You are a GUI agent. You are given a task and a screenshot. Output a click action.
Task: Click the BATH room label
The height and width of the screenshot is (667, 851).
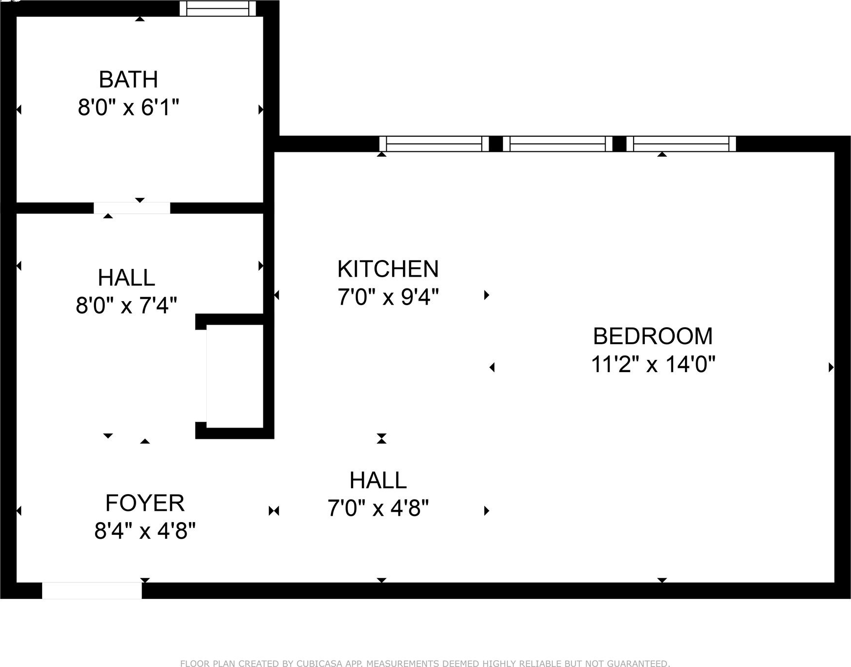click(x=128, y=79)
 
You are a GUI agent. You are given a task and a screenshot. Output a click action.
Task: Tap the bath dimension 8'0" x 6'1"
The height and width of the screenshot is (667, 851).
click(x=128, y=107)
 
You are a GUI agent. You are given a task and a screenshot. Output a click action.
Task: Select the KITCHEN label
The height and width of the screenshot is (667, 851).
click(x=388, y=269)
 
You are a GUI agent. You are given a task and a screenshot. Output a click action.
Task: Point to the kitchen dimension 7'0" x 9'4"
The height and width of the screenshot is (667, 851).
click(x=388, y=297)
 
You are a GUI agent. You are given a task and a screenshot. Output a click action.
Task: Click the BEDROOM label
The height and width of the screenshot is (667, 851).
click(x=653, y=336)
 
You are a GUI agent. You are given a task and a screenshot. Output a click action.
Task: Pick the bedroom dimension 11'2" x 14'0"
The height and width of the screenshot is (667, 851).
click(x=653, y=364)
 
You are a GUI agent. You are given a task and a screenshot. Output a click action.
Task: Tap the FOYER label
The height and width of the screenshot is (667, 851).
click(x=145, y=503)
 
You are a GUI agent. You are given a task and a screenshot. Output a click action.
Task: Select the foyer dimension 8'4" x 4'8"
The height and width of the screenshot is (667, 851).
click(x=145, y=530)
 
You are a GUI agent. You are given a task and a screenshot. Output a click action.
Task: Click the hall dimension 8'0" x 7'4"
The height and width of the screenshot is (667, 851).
click(x=126, y=306)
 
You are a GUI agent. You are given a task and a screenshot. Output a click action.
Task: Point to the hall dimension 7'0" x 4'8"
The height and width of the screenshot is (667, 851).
click(x=378, y=508)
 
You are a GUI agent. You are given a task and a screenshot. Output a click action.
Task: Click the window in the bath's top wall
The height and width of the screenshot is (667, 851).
click(x=218, y=8)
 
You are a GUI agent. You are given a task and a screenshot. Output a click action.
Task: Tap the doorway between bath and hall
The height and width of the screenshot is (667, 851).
click(x=132, y=208)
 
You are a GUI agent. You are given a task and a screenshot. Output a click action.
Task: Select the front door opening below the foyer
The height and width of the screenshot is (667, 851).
click(x=92, y=591)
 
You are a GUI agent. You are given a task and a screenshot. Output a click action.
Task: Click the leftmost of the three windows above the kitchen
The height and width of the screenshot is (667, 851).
click(x=434, y=144)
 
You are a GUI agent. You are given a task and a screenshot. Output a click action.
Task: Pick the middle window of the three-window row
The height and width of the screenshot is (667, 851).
click(x=558, y=144)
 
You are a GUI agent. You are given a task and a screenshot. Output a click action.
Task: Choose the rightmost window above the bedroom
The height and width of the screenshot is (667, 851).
click(x=681, y=144)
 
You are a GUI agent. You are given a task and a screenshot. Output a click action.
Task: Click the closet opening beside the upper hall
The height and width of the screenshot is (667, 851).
click(x=201, y=376)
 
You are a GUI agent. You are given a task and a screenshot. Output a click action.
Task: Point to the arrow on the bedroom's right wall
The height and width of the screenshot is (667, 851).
click(x=831, y=367)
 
